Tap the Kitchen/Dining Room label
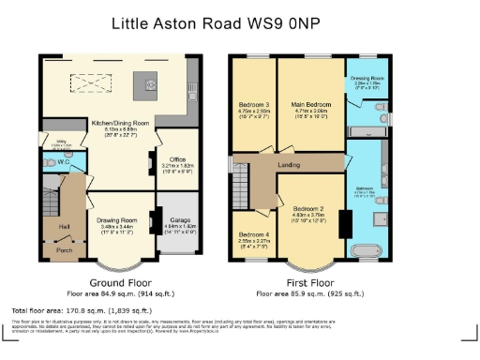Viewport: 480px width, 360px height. tap(120, 123)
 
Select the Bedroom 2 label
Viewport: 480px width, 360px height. tap(308, 208)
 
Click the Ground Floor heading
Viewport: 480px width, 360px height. tap(121, 282)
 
